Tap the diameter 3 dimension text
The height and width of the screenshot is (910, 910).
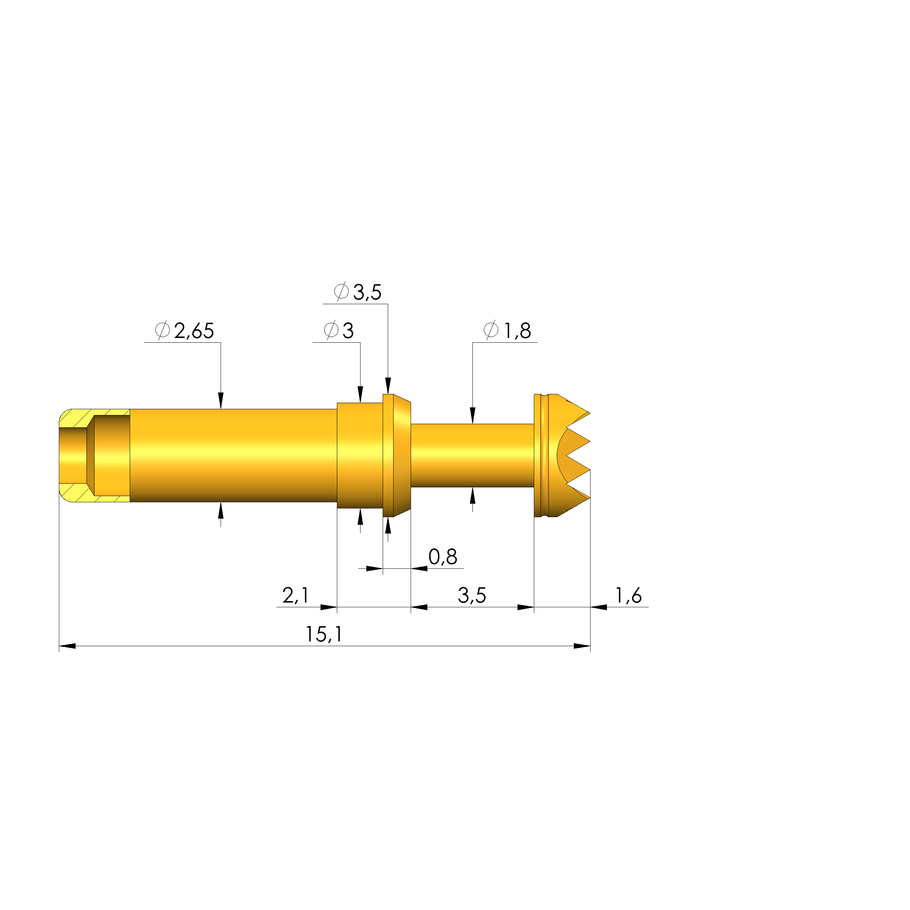pyautogui.click(x=347, y=331)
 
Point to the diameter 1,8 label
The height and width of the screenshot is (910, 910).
pyautogui.click(x=517, y=331)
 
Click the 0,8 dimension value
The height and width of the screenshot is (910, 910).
pyautogui.click(x=442, y=557)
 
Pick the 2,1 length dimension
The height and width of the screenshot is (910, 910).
pyautogui.click(x=295, y=596)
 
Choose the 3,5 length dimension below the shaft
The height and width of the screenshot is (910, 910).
pyautogui.click(x=471, y=596)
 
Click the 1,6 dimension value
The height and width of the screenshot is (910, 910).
pyautogui.click(x=628, y=596)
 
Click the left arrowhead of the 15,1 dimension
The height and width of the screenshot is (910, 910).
pyautogui.click(x=67, y=646)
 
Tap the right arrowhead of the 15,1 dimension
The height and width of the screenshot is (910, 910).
pyautogui.click(x=582, y=646)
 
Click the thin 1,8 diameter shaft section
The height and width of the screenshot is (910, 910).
pyautogui.click(x=472, y=455)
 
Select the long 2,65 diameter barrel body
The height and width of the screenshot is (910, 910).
pyautogui.click(x=233, y=455)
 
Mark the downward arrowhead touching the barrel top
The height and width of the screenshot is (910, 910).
pyautogui.click(x=221, y=400)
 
